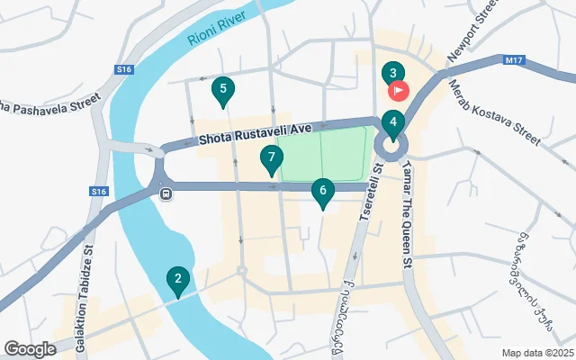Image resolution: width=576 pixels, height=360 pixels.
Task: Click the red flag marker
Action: point(398,90)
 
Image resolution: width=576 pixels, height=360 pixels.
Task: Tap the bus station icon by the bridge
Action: point(165,193)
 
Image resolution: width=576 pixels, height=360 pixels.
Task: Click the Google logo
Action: point(31,348)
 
